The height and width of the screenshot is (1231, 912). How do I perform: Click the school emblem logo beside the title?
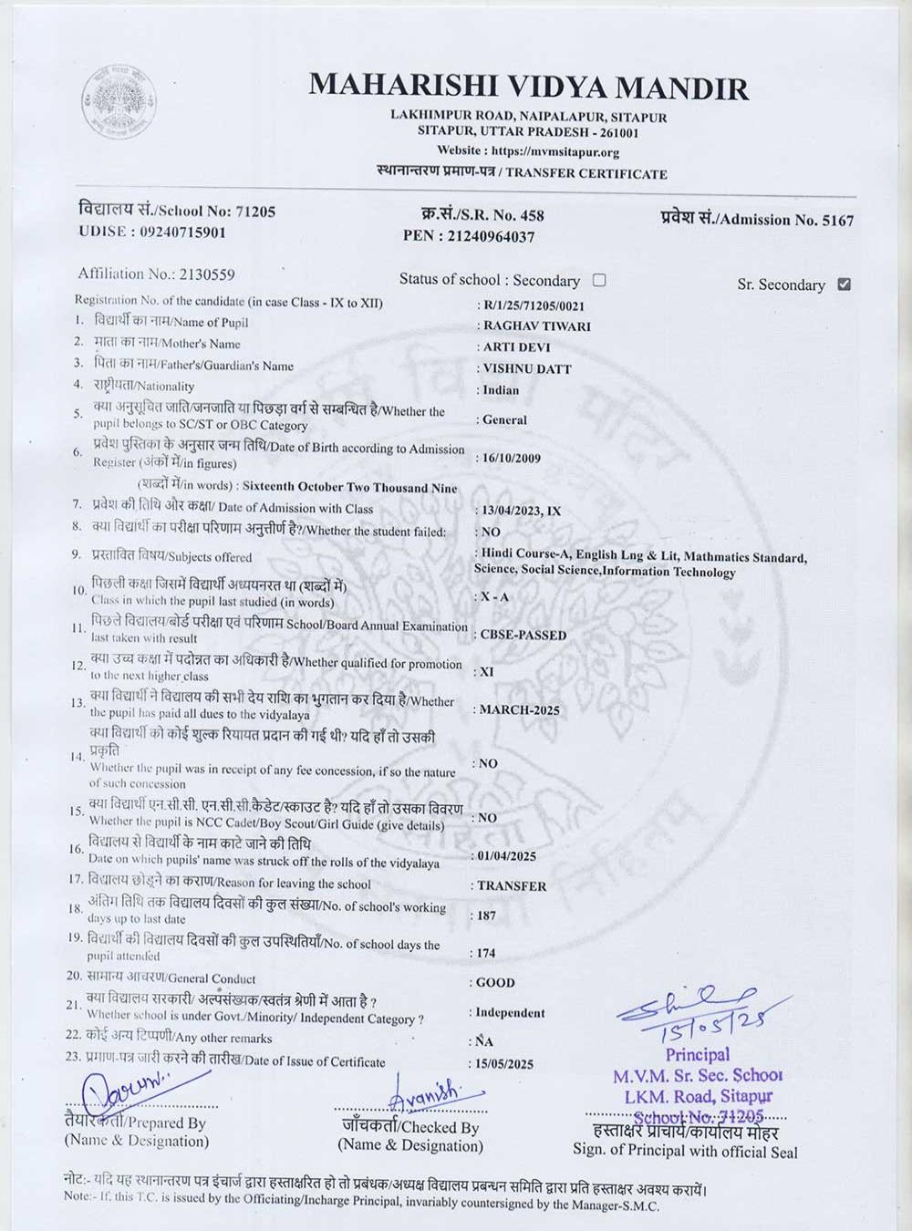coord(119,99)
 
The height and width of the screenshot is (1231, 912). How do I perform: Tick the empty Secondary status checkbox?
coord(599,280)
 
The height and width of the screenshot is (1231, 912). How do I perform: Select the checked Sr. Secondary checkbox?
coord(844,284)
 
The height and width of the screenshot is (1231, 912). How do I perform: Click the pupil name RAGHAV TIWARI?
coord(536,326)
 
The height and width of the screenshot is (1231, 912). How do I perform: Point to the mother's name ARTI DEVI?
coord(516,347)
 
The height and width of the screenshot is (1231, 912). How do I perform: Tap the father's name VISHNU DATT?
coord(527,368)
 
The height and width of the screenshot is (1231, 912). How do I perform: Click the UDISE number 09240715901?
coord(182,232)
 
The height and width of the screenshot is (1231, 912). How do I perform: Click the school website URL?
coord(554,152)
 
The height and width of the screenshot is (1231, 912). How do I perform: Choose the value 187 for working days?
coord(487,915)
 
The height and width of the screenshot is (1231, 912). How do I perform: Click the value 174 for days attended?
coord(487,953)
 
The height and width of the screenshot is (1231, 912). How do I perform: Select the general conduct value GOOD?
coord(496,982)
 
